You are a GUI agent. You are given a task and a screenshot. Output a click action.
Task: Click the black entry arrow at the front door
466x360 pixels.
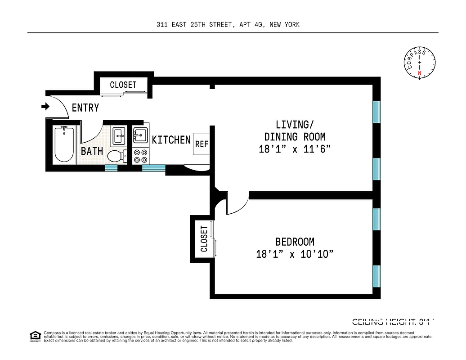click(45, 107)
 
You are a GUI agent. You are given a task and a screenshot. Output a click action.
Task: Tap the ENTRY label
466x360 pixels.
click(85, 108)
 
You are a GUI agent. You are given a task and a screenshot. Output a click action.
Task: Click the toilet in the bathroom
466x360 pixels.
click(116, 156)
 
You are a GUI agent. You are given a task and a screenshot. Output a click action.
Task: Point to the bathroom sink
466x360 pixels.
click(119, 135)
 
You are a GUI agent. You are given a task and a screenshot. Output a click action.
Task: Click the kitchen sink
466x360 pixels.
click(140, 135)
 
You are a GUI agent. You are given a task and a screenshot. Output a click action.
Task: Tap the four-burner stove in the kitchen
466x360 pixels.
click(140, 156)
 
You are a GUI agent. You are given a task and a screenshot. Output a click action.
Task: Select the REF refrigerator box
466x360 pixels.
click(202, 144)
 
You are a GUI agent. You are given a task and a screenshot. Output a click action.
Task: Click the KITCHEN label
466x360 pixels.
click(171, 140)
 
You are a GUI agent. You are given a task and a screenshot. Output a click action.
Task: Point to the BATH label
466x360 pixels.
click(92, 151)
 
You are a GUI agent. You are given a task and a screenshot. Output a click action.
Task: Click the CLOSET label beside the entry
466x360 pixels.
click(123, 85)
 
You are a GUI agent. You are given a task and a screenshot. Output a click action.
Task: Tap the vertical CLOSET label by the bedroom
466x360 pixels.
click(204, 239)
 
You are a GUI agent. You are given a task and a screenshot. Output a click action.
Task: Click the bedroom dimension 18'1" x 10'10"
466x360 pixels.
click(295, 254)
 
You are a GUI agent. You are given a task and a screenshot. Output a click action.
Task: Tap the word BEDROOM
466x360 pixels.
click(295, 242)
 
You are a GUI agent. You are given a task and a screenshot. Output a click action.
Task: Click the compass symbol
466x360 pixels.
click(420, 63)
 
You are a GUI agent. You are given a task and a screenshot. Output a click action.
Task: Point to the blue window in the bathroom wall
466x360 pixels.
click(111, 168)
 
